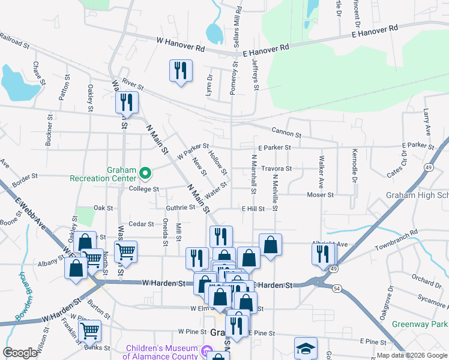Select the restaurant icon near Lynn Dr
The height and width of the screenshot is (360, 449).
tap(180, 71)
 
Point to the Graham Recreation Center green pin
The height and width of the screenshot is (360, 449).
tap(145, 173)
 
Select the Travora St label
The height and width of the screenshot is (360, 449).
tap(277, 169)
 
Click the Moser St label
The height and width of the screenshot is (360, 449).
tap(320, 195)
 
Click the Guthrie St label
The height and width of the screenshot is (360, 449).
tap(181, 208)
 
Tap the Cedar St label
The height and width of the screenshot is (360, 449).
tap(142, 224)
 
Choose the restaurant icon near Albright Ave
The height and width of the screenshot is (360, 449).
tap(324, 254)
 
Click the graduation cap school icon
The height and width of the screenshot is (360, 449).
tap(306, 349)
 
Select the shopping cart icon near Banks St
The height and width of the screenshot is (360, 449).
tap(89, 331)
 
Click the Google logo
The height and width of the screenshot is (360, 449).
tap(20, 353)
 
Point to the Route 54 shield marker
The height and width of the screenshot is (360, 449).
tap(336, 289)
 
